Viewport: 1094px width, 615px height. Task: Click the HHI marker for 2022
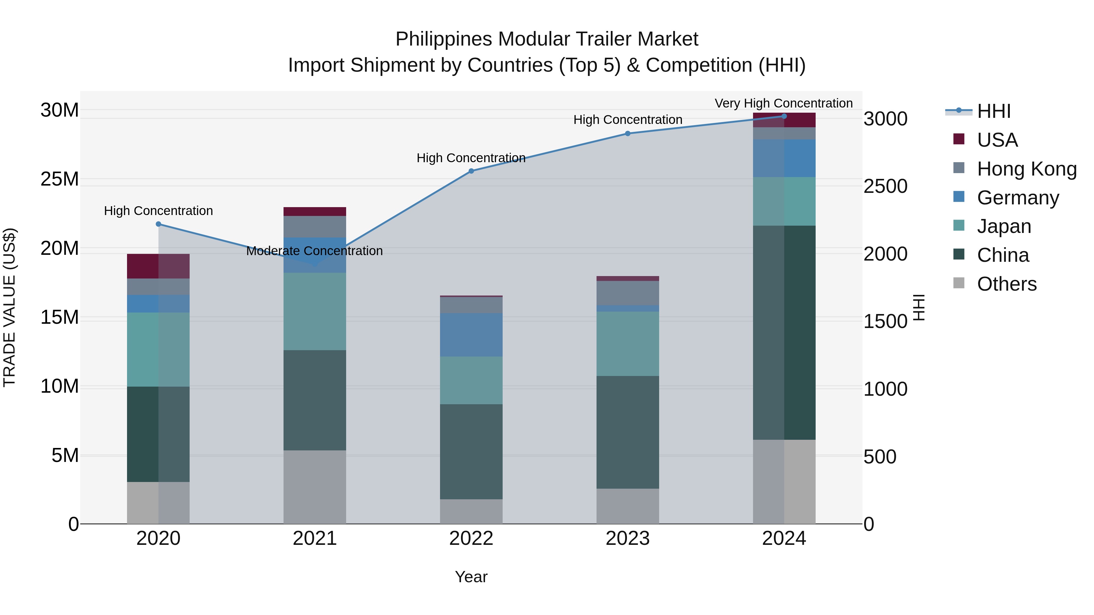coord(471,171)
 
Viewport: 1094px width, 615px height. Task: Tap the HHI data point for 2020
coord(158,224)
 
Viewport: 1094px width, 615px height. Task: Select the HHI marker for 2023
coord(628,134)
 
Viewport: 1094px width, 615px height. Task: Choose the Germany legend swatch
coord(959,197)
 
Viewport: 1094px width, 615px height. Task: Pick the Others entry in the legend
coord(1006,284)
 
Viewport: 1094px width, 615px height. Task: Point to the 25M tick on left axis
coord(60,179)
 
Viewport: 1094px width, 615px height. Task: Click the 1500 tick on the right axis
coord(886,321)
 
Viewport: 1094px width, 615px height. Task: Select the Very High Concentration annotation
coord(783,103)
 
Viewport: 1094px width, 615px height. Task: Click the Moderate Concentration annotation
coord(314,251)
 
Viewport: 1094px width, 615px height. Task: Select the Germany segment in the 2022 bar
coord(471,335)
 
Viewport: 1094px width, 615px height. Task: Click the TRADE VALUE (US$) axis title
coord(9,307)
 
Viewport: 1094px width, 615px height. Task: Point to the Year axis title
coord(471,577)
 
